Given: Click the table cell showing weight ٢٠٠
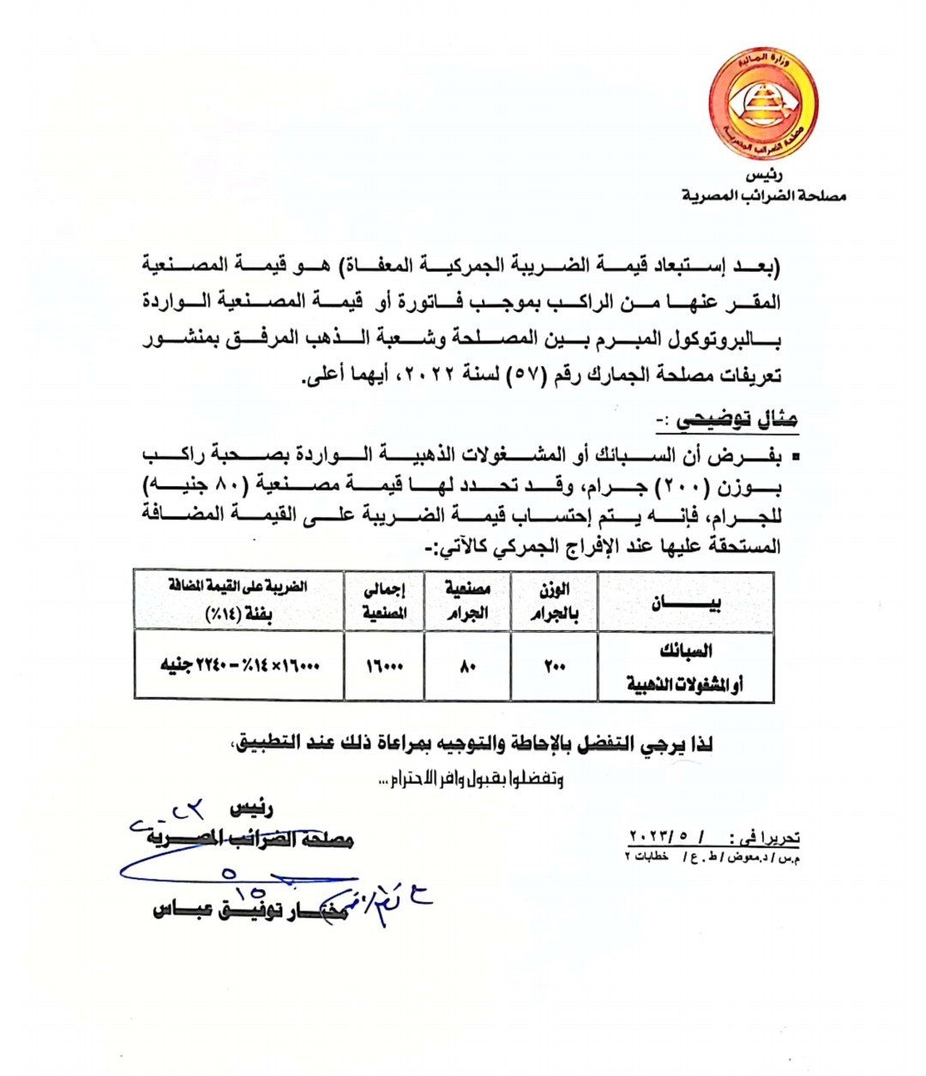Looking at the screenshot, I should click(554, 666).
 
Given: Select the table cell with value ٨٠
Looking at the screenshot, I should click(467, 666).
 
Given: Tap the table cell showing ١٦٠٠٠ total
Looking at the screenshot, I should click(383, 666).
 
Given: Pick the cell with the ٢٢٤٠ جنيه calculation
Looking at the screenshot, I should click(239, 666).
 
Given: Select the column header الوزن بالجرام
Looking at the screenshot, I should click(554, 602).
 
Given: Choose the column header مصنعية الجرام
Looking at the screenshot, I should click(467, 601).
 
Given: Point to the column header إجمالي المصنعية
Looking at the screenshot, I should click(383, 601).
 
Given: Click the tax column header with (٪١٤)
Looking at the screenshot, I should click(239, 601).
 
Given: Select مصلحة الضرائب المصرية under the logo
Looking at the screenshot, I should click(764, 196).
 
